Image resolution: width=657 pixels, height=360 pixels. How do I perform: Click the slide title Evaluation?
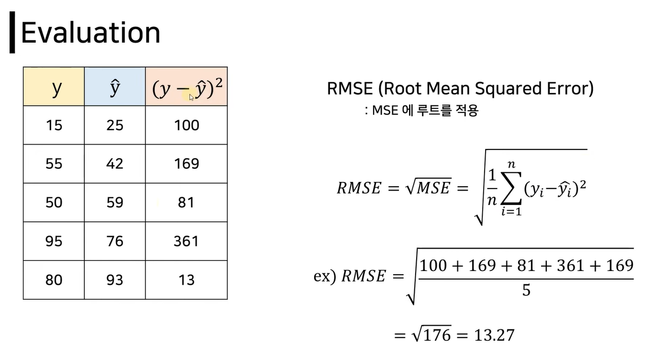(90, 33)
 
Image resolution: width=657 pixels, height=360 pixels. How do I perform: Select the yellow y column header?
(54, 87)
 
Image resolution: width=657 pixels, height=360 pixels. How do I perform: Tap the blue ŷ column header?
(115, 87)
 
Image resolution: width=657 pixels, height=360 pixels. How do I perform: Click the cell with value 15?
(54, 125)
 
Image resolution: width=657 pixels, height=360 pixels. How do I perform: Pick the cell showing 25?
(115, 125)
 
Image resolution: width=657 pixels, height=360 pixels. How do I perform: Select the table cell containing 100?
(186, 125)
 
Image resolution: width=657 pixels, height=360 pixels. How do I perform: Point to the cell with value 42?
(115, 164)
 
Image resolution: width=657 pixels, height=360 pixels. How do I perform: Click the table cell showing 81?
(186, 202)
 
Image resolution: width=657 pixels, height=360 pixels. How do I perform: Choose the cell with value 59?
(115, 202)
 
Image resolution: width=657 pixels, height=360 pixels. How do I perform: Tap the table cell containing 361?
(186, 241)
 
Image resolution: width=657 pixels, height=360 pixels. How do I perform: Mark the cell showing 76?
(115, 241)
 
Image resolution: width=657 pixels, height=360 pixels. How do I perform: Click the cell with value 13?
(186, 280)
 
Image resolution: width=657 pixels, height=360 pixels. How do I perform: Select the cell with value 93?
(115, 280)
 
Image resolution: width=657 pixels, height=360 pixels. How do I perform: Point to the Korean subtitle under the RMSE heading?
(421, 111)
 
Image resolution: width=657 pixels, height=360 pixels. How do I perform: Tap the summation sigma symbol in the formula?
(511, 189)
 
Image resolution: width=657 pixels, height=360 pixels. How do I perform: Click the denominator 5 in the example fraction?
(526, 291)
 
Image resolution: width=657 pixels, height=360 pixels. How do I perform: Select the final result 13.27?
(494, 335)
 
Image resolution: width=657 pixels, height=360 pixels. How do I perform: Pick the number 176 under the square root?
(438, 335)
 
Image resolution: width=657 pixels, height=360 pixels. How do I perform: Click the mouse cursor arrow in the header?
(192, 97)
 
